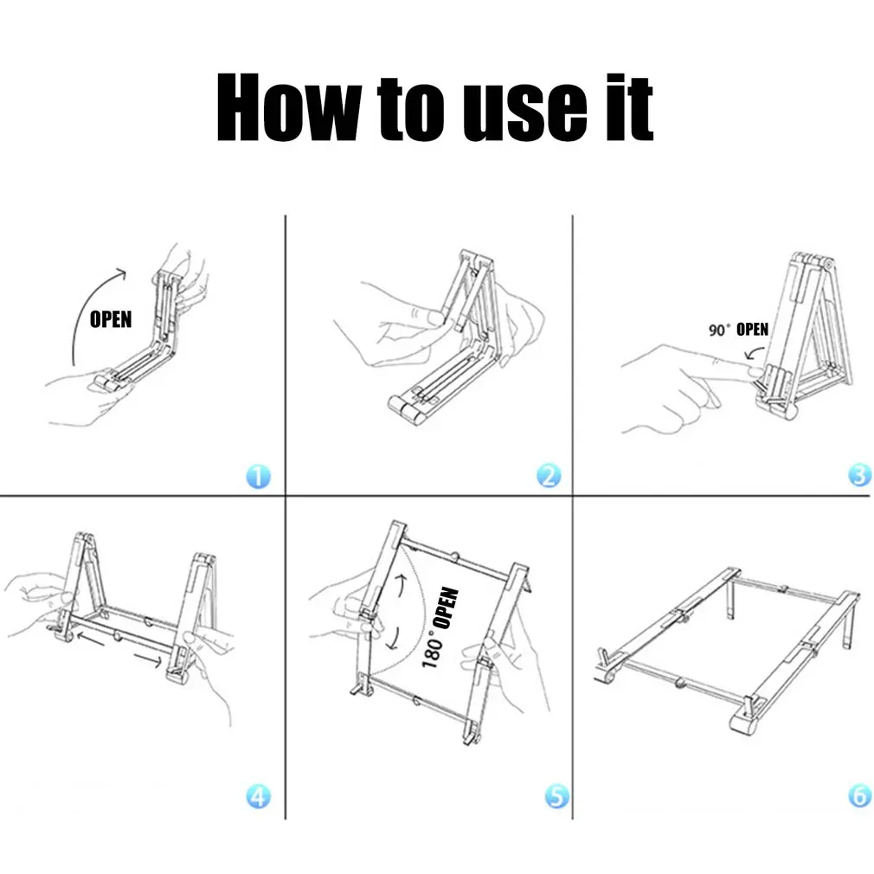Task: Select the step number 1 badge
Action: (258, 476)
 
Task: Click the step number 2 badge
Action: (548, 476)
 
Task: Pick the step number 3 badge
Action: (858, 476)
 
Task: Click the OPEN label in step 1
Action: (111, 319)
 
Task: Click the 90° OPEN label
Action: (738, 330)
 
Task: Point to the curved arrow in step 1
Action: (87, 312)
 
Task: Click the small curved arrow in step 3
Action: (753, 355)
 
